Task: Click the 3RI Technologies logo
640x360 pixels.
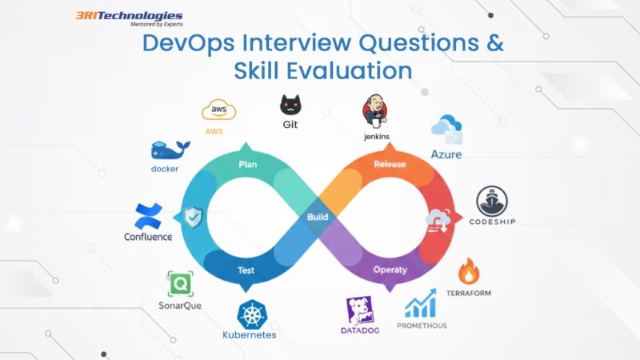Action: coord(128,18)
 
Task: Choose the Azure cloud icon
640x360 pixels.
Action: coord(446,127)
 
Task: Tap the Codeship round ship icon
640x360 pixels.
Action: coord(494,201)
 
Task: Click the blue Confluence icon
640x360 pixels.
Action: coord(148,215)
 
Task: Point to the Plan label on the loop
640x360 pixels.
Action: coord(248,165)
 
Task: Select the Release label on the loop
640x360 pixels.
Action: coord(390,165)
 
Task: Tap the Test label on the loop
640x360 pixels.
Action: coord(246,270)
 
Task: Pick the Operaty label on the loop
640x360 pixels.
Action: coord(390,270)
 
